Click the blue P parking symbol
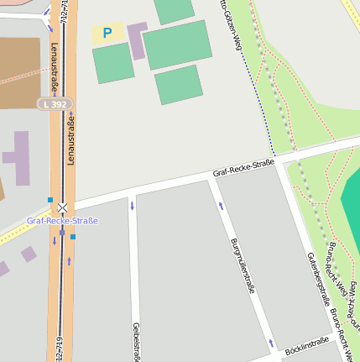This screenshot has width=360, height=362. coord(107,34)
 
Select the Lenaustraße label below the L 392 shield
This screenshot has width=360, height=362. coord(71,141)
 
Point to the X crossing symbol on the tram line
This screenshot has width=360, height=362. coord(62,207)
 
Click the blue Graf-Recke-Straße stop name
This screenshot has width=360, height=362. coord(62,221)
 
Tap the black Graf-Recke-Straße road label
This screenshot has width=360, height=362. coord(243,169)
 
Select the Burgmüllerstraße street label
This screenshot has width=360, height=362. coord(242,265)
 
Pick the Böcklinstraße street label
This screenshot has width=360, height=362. coord(306,345)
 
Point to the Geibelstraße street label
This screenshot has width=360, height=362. coord(136,341)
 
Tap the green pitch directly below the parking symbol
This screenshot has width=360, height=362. coord(112,63)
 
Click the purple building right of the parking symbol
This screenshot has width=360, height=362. coord(137,39)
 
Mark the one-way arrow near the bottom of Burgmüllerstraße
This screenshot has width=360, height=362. coord(270,344)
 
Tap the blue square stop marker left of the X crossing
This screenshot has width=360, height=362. coord(50,200)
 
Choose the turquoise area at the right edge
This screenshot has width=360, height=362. coord(352,202)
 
